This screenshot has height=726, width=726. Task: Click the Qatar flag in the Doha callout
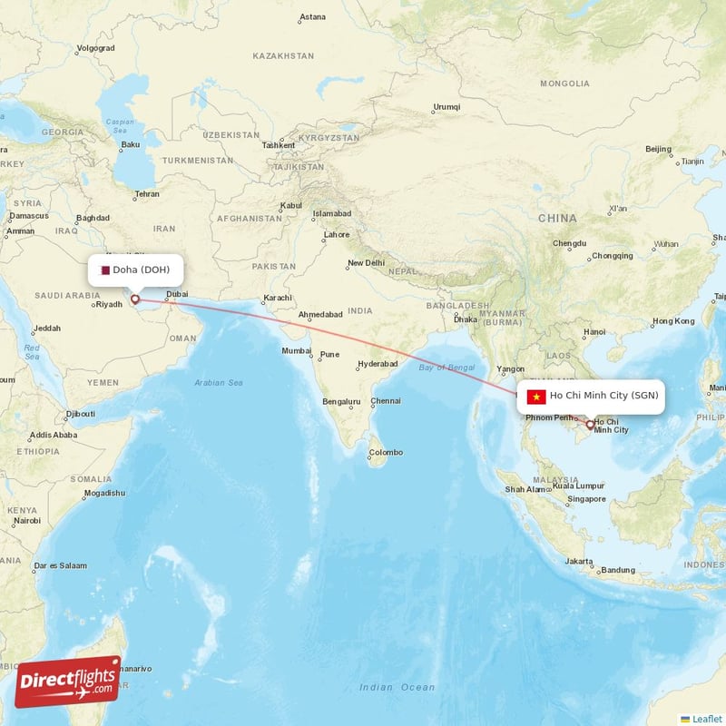104,270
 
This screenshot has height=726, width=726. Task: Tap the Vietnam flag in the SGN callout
535,396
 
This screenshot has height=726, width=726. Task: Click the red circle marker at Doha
135,299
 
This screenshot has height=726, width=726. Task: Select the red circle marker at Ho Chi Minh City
590,424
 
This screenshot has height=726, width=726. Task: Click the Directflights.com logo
68,682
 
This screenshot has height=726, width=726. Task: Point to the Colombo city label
385,452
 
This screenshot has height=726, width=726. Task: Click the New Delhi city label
366,263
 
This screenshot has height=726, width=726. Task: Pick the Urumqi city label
446,106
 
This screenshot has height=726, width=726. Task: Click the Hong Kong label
672,320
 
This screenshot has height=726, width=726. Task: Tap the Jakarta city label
578,561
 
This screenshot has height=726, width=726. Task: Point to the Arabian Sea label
219,383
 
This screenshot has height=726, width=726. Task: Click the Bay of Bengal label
447,367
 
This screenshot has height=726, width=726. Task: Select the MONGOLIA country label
564,83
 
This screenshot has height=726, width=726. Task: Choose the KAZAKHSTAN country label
283,55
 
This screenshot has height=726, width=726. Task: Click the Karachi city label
277,298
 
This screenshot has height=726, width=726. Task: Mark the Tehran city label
146,194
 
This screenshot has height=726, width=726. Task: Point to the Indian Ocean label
397,687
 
